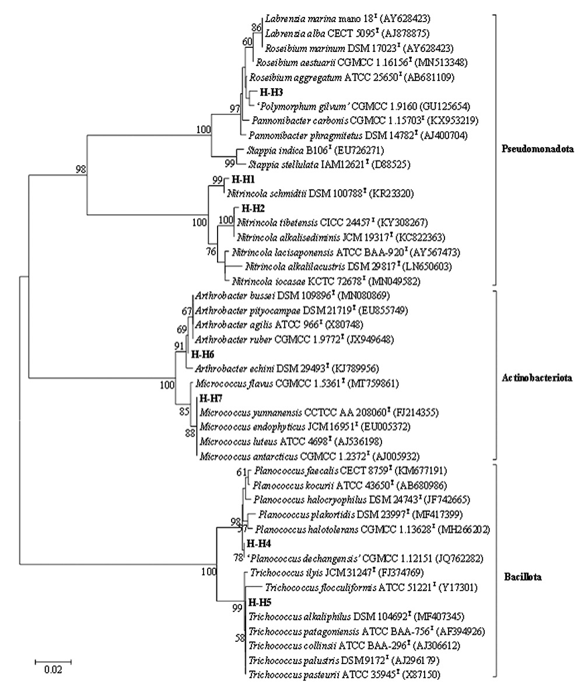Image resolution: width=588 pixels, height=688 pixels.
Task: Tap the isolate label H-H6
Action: pos(202,354)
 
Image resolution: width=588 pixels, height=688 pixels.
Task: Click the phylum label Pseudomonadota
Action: pos(537,149)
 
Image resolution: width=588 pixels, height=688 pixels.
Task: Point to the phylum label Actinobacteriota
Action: pos(537,379)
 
